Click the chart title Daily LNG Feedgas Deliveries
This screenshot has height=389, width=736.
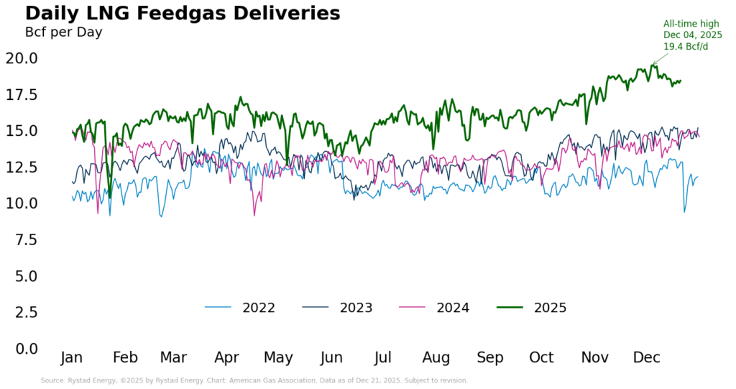(183, 14)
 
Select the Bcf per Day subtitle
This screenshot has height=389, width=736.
(64, 32)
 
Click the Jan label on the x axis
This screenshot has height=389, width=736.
(72, 358)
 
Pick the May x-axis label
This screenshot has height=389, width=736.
(278, 358)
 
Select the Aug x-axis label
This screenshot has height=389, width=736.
(436, 358)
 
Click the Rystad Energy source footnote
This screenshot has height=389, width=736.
(254, 380)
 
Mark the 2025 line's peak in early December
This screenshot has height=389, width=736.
(653, 65)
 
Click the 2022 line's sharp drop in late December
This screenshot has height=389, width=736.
(684, 211)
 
